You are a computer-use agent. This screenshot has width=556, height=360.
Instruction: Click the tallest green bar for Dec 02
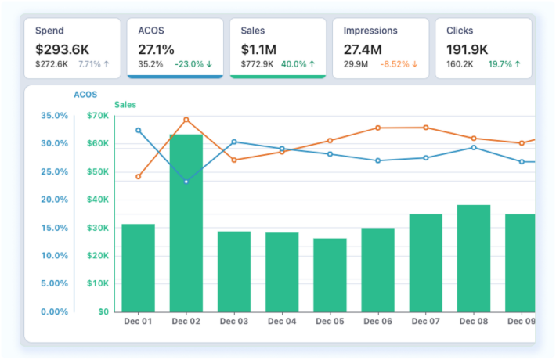[x=186, y=223]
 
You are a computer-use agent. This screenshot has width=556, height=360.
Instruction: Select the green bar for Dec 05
[x=330, y=275]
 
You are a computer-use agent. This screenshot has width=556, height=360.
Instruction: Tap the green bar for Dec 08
[x=474, y=258]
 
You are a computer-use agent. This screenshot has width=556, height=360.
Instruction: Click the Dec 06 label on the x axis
[x=377, y=321]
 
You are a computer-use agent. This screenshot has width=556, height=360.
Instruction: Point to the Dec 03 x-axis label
[x=234, y=321]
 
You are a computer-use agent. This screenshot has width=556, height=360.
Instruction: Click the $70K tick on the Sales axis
[x=98, y=116]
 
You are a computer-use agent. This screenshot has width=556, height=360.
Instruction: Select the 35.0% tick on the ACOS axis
[x=53, y=116]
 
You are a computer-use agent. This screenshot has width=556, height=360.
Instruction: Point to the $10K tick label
[x=98, y=283]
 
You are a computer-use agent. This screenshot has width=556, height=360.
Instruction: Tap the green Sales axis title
[x=125, y=104]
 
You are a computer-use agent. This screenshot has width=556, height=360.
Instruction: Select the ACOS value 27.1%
[x=155, y=49]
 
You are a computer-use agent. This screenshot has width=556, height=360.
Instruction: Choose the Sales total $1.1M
[x=258, y=49]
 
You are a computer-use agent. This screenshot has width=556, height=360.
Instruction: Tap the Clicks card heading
[x=460, y=31]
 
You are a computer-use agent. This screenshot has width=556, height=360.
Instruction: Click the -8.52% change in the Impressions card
[x=399, y=64]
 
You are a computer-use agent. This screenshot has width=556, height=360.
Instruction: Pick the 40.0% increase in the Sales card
[x=298, y=64]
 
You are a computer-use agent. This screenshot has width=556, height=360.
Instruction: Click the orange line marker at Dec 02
[x=186, y=120]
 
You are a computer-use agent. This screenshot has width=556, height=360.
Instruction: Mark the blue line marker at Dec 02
[x=186, y=182]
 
